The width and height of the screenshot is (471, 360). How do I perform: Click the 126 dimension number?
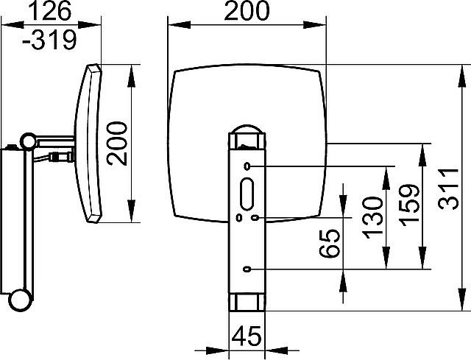tap(51, 11)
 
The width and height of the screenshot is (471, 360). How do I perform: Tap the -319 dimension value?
tap(50, 39)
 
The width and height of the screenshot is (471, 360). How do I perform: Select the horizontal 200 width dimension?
tap(247, 10)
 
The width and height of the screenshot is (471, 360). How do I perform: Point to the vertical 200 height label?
tap(117, 144)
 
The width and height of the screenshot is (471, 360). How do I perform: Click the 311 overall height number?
tap(448, 189)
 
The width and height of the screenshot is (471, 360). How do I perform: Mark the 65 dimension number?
tap(329, 244)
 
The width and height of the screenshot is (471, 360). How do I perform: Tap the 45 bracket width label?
tap(247, 336)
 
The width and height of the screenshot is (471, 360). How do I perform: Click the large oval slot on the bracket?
tap(247, 194)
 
